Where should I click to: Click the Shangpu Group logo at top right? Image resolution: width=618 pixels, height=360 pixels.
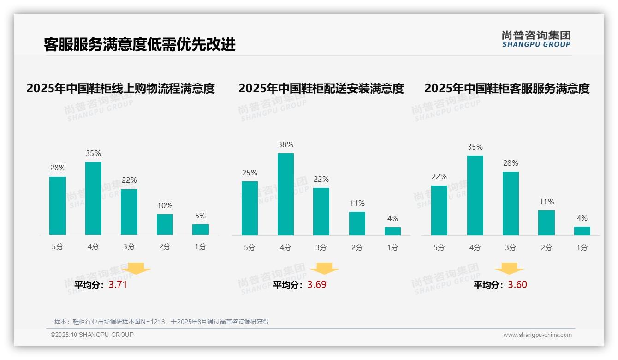click(536, 39)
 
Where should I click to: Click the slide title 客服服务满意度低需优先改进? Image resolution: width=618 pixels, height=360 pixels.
click(139, 44)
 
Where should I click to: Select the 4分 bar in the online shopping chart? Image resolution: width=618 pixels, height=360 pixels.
click(94, 198)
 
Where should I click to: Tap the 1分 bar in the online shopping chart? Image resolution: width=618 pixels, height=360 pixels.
click(201, 229)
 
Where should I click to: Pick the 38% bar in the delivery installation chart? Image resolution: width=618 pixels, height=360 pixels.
click(285, 194)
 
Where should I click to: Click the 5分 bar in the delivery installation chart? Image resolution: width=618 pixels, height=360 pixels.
click(250, 208)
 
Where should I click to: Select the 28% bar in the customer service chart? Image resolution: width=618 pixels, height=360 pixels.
click(511, 203)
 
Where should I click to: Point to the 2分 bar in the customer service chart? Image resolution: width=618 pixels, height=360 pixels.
click(547, 223)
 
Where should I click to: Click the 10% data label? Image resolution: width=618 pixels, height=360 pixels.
click(165, 205)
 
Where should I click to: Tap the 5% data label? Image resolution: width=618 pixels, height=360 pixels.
click(200, 216)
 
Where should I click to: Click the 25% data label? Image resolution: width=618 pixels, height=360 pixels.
click(250, 173)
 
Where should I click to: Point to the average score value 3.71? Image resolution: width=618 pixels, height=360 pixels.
click(118, 285)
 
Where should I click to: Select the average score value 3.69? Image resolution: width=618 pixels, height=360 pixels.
click(317, 285)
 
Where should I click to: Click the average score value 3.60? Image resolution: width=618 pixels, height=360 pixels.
click(517, 285)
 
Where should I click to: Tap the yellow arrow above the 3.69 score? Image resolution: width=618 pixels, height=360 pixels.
click(324, 269)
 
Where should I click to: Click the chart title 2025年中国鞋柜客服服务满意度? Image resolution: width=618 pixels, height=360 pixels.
click(507, 88)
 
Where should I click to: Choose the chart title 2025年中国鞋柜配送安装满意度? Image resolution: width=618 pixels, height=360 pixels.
click(321, 88)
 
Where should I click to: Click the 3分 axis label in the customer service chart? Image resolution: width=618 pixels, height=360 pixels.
click(511, 247)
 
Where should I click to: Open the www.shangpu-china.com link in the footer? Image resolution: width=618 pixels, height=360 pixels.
click(537, 335)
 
